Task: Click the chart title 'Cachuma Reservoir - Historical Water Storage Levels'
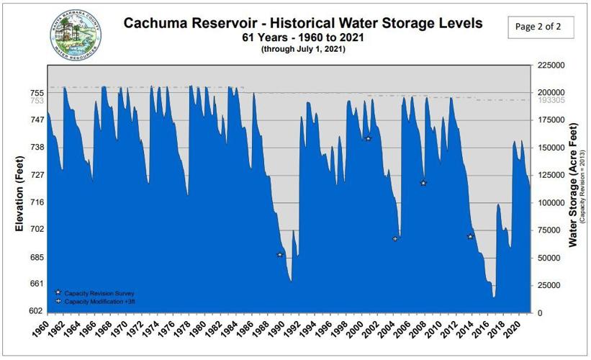(302, 22)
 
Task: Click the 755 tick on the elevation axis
(37, 93)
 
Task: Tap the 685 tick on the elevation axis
(37, 258)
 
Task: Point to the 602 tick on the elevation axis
(37, 311)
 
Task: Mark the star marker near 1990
(280, 255)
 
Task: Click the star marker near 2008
(423, 183)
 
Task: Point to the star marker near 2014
(470, 237)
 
